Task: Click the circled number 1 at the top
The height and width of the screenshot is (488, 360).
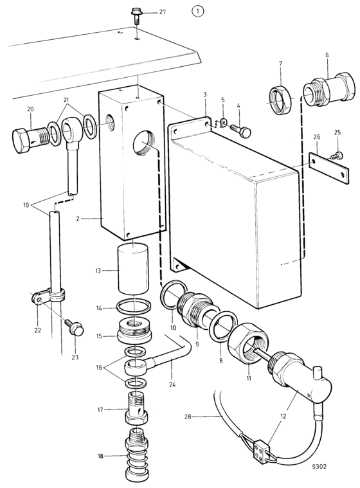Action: pos(197,12)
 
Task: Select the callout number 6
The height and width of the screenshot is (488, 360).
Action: pos(327,55)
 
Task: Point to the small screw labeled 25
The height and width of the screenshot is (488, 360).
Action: pos(337,154)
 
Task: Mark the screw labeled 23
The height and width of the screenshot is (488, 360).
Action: pos(75,327)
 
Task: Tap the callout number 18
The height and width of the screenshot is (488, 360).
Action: pos(100,456)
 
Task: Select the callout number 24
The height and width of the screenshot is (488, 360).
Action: pos(172,384)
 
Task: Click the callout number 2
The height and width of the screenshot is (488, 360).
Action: pos(78,219)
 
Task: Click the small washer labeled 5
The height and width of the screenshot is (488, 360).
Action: pos(222,122)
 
